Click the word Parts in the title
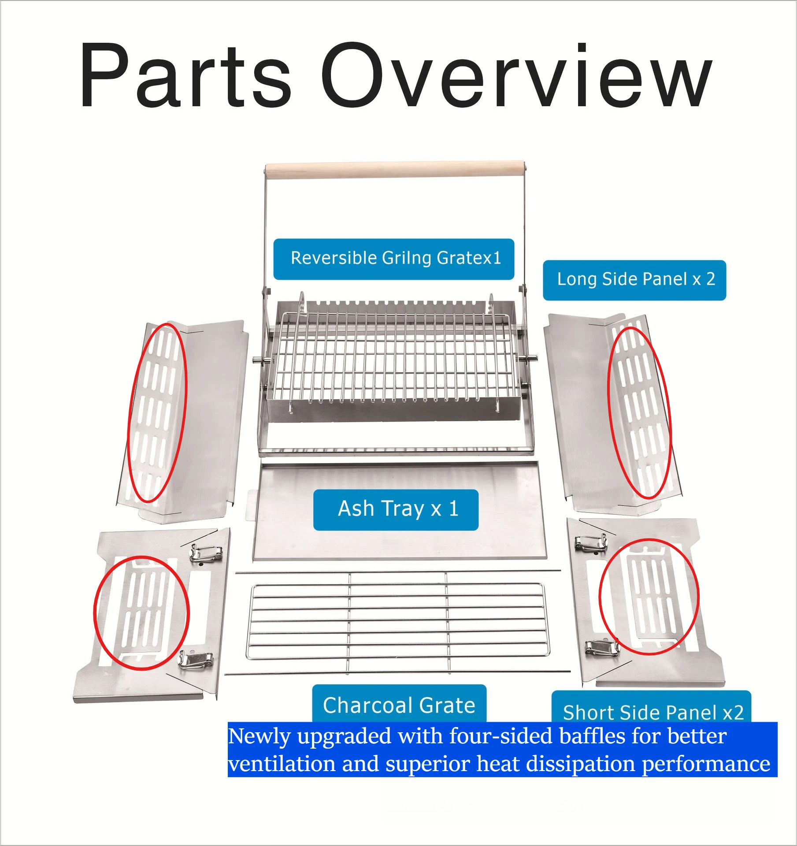tap(185, 75)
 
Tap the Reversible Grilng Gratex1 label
tap(394, 259)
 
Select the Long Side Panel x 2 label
tap(634, 280)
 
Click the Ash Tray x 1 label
tap(396, 510)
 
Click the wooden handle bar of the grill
tap(395, 170)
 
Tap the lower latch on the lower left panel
tap(195, 660)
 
